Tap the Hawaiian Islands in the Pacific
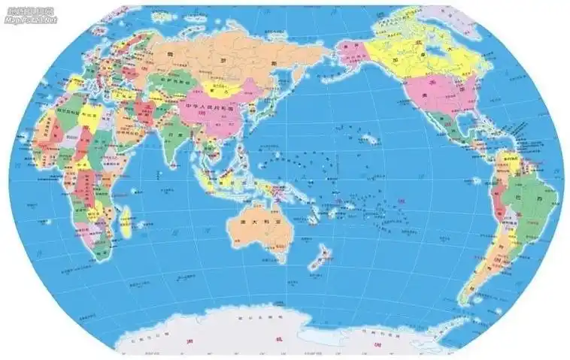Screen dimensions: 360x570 click(x=368, y=139)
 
